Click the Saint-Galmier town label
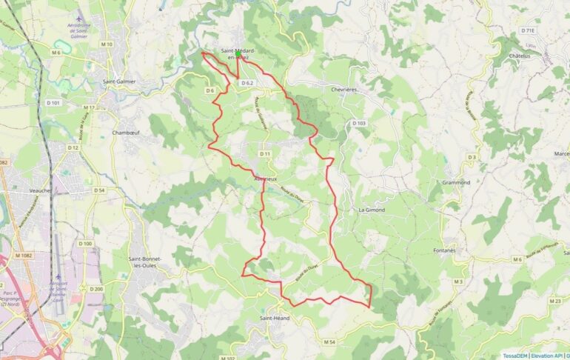[x=119, y=81]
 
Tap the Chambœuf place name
[x=125, y=133]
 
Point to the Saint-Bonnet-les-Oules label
[x=146, y=262]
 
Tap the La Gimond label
[x=372, y=210]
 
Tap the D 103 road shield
[x=359, y=123]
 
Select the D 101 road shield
[x=53, y=103]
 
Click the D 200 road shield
[x=95, y=289]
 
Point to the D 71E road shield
[x=528, y=30]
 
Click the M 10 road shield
[x=106, y=44]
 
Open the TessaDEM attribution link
[x=514, y=356]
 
